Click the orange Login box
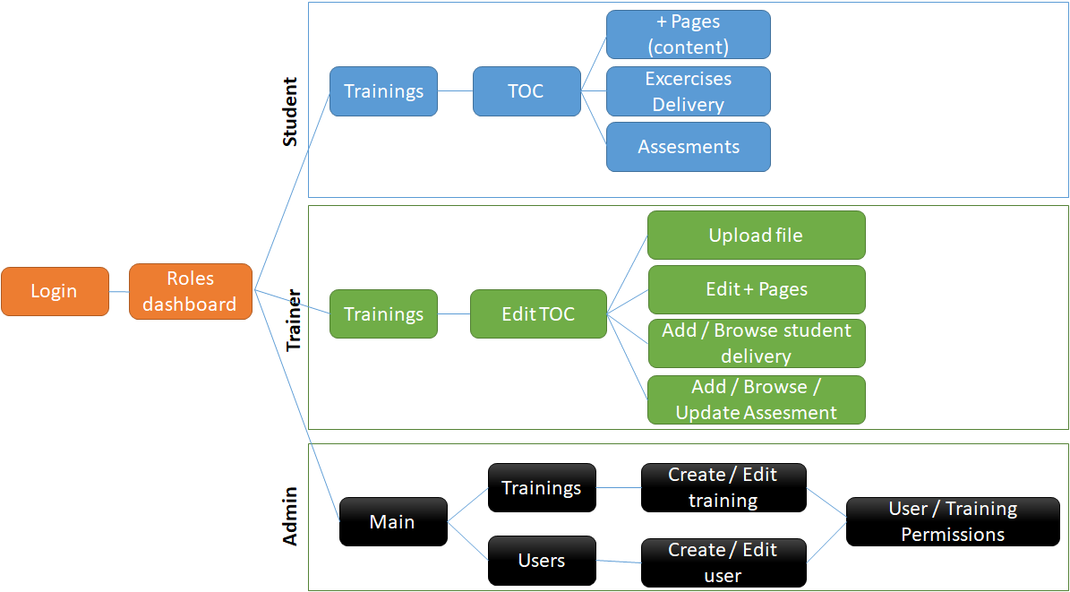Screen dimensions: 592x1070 click(x=55, y=291)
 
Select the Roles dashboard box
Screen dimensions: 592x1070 click(x=191, y=291)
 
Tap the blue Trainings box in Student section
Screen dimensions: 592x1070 click(x=383, y=91)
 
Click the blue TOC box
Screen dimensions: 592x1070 click(x=526, y=91)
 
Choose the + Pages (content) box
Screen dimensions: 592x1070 click(x=688, y=34)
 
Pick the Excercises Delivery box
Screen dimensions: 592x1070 click(x=688, y=91)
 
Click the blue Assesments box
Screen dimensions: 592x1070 click(x=688, y=147)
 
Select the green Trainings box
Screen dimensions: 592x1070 click(x=383, y=313)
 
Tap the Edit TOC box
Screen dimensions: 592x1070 click(x=538, y=313)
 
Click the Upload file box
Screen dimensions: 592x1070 click(x=756, y=236)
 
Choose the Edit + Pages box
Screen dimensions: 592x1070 click(x=756, y=289)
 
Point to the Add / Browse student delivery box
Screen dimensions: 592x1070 click(x=756, y=343)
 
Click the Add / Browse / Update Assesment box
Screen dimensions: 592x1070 click(x=756, y=399)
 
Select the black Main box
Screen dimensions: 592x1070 click(x=392, y=521)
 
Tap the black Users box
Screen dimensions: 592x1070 click(x=542, y=561)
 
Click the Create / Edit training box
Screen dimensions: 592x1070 click(x=723, y=487)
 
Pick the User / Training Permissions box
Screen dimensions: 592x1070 click(x=953, y=521)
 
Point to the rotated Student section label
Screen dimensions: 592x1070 click(x=289, y=112)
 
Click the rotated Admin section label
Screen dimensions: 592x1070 click(x=290, y=517)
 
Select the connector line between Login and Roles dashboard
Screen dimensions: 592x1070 click(x=119, y=291)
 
